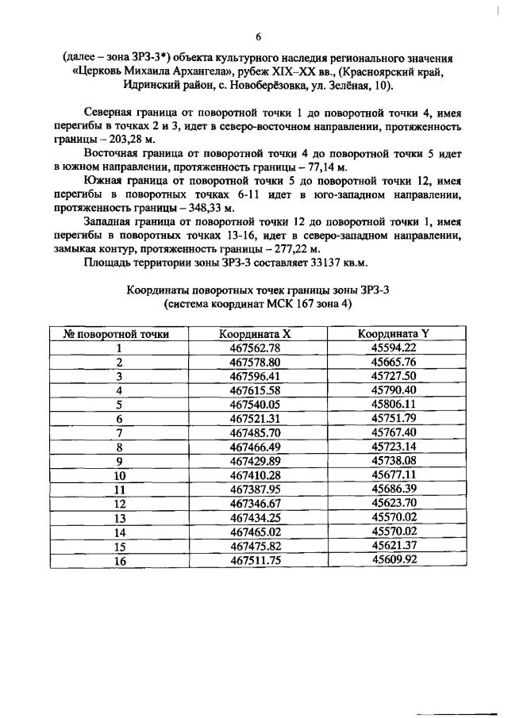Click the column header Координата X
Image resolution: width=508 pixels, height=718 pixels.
(x=256, y=334)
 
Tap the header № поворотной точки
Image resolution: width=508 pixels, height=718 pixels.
(x=120, y=334)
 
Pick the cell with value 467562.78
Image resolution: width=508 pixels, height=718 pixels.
(x=256, y=348)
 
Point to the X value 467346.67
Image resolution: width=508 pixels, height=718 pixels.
(x=256, y=502)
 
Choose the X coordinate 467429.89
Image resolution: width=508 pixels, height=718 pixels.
(x=256, y=460)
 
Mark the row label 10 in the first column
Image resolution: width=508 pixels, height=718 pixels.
(x=120, y=474)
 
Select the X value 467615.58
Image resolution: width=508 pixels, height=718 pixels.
(x=256, y=390)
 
